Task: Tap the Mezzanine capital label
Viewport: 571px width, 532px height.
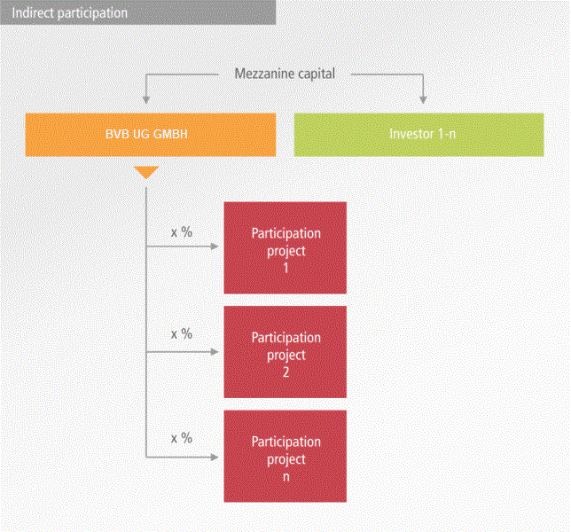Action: tap(285, 74)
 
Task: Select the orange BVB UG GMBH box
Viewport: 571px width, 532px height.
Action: tap(146, 135)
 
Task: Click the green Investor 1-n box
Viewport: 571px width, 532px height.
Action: tap(418, 135)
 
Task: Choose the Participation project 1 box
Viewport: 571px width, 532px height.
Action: tap(285, 247)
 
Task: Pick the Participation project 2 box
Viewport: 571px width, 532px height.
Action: tap(285, 352)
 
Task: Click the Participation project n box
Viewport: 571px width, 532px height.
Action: tap(285, 457)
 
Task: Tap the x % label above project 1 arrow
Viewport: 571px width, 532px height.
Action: tap(182, 232)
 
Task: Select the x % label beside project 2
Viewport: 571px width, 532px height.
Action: tap(182, 334)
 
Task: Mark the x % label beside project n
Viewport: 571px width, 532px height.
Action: tap(182, 438)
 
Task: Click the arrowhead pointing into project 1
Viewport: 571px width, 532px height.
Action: tap(217, 247)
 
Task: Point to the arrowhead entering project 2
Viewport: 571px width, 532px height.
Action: tap(217, 352)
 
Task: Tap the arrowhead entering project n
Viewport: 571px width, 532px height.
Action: tap(217, 457)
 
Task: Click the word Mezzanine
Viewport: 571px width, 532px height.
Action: tap(262, 74)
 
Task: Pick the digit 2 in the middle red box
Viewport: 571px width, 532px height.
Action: tap(285, 372)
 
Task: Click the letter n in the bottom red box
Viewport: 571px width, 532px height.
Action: tap(285, 476)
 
